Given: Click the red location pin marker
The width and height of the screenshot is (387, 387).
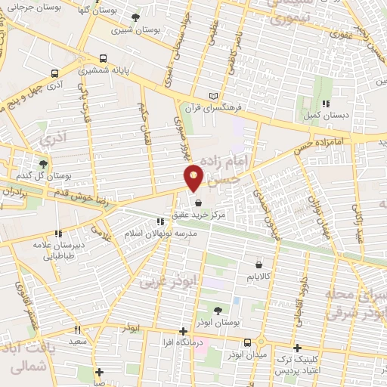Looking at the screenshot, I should coord(194,177).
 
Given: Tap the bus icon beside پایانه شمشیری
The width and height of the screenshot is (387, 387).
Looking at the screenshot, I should coord(104,57).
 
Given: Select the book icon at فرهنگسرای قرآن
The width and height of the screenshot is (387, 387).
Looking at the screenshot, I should coord(213,96).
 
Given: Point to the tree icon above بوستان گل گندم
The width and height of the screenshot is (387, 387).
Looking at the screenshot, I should coord(42,163).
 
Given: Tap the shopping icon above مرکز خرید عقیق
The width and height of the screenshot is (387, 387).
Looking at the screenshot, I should coord(198,203).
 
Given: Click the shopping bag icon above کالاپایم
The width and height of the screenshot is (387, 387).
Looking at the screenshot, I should coord(261,265).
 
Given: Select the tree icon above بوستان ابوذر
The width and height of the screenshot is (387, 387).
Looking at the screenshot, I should coord(218,310).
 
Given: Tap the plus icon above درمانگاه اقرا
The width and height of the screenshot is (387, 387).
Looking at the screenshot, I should coord(183,331).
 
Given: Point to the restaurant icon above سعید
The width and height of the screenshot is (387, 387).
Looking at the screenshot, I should coord(77,330).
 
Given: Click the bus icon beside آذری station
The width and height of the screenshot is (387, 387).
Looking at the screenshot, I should coord(54,73).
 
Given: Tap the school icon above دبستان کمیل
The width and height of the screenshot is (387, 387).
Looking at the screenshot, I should coord(326,104).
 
